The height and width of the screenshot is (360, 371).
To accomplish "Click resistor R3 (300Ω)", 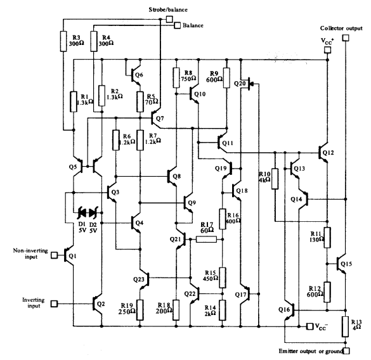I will coord(63,42).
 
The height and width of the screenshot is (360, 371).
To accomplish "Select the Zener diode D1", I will coord(82,212).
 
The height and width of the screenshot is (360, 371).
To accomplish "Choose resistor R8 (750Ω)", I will coord(177,78).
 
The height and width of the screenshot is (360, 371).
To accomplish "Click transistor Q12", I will coord(322,153).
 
